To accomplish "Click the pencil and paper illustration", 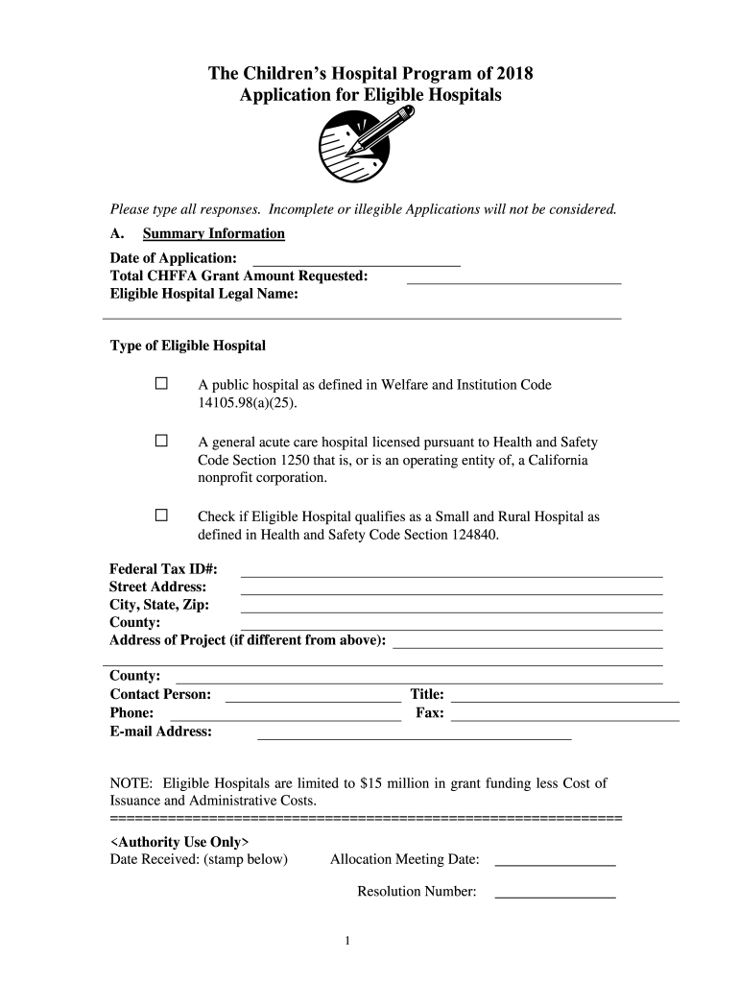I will [x=368, y=145].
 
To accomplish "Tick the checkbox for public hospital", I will [x=161, y=384].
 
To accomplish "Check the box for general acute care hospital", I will [x=161, y=442].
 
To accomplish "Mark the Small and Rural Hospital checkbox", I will [x=161, y=515].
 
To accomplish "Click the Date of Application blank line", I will [x=356, y=260].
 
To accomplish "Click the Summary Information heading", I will [x=213, y=234].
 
